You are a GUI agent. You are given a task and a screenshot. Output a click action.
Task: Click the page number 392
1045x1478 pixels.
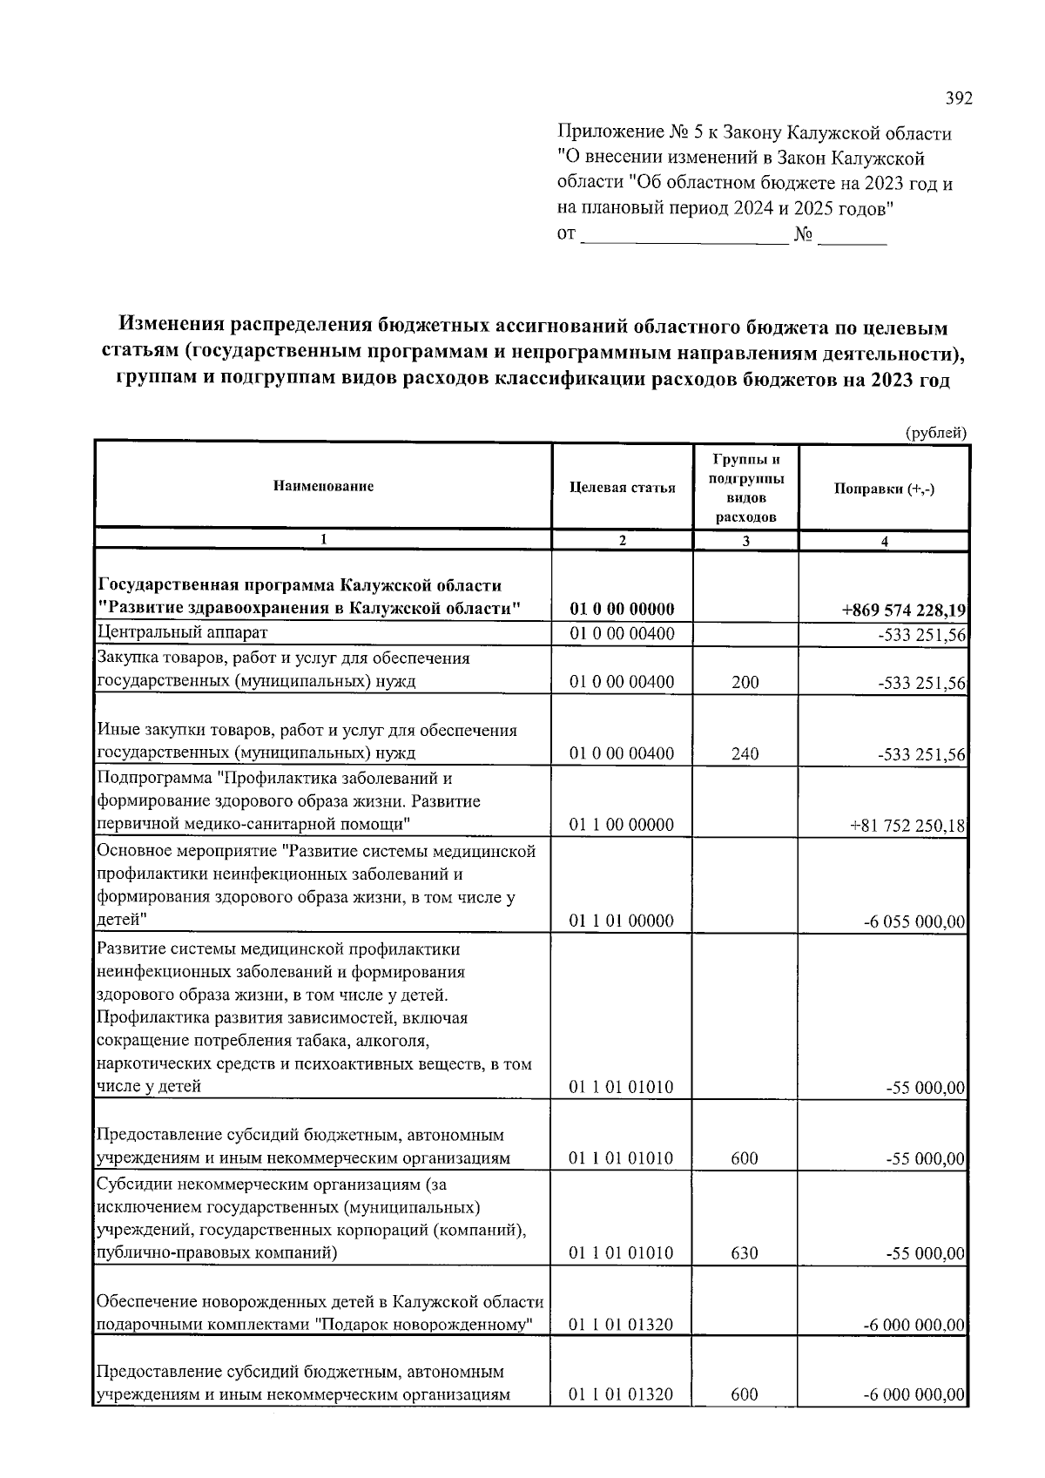click(958, 98)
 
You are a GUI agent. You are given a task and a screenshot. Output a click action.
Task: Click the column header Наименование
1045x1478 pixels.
click(323, 486)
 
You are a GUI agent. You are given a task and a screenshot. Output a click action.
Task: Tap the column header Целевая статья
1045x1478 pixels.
click(622, 487)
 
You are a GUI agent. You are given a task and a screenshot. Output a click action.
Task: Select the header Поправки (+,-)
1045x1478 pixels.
click(884, 489)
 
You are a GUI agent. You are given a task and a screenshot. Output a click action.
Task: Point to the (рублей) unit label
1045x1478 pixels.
click(935, 432)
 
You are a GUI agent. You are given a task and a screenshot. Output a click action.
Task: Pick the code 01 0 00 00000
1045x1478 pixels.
click(622, 609)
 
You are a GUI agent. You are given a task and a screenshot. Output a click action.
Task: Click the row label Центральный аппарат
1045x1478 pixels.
click(182, 632)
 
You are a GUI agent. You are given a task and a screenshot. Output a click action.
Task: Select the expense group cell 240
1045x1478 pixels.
click(745, 754)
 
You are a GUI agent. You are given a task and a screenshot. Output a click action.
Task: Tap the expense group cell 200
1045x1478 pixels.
click(745, 682)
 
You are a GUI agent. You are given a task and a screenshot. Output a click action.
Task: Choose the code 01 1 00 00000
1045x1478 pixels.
click(622, 825)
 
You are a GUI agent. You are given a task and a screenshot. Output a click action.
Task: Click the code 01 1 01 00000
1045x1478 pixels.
click(622, 921)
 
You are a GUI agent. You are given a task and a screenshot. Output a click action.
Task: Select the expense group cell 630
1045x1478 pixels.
click(745, 1253)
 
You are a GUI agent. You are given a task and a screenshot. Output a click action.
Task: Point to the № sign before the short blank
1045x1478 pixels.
click(803, 234)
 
